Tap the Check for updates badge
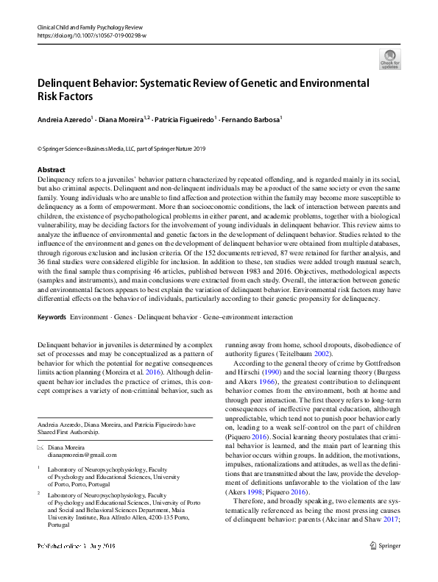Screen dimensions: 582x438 click(x=389, y=59)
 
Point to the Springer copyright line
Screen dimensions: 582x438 click(x=121, y=148)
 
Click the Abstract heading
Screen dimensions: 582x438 click(x=52, y=170)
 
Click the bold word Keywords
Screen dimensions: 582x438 click(x=52, y=317)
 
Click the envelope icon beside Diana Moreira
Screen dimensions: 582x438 click(x=40, y=447)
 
